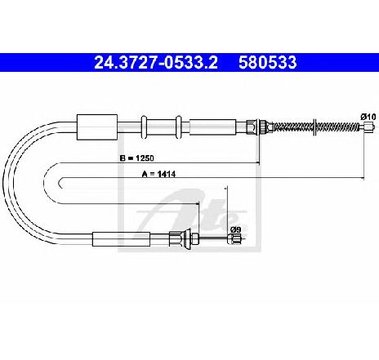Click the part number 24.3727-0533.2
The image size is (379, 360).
tap(156, 63)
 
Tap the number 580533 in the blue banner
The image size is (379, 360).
tap(268, 63)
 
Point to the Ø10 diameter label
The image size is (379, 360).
tap(368, 117)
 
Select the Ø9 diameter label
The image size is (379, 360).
tap(236, 229)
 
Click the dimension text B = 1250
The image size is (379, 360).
tap(137, 158)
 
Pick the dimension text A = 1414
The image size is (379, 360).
tap(158, 174)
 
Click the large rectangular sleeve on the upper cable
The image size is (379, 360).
tap(97, 127)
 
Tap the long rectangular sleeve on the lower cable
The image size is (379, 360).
tap(121, 239)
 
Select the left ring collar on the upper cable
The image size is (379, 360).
tap(144, 127)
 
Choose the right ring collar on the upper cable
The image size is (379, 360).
tap(178, 127)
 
